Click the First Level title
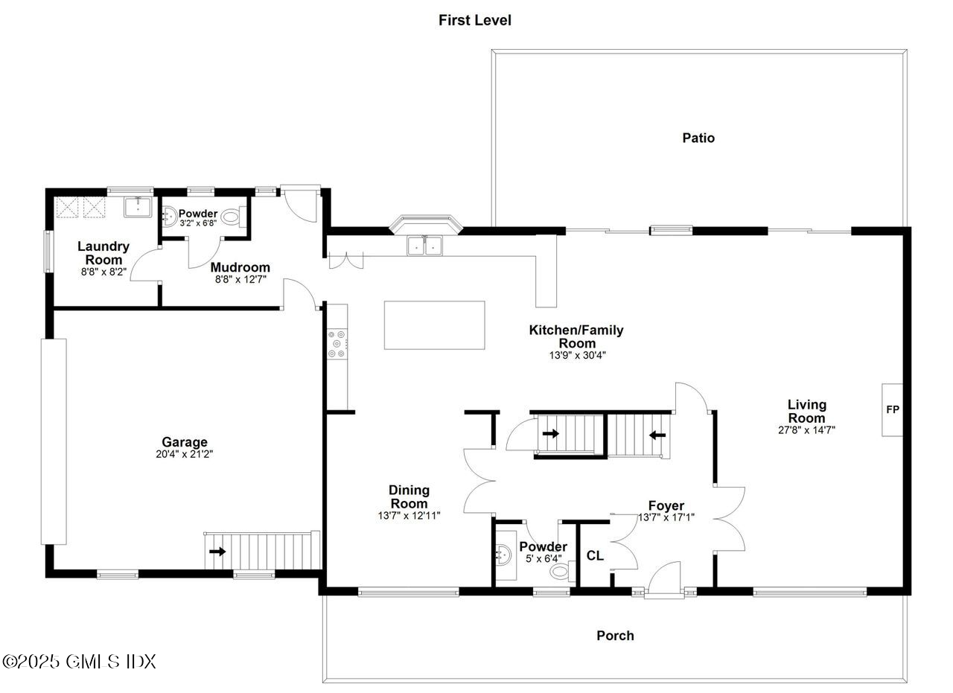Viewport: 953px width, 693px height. (474, 20)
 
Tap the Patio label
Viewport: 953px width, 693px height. (698, 138)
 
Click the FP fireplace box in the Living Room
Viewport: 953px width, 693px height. (892, 410)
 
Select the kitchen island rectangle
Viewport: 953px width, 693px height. (434, 325)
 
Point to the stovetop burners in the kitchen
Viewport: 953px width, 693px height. (337, 344)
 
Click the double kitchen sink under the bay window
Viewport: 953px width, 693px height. (424, 245)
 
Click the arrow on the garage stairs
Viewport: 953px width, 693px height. (218, 552)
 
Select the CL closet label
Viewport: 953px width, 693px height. (595, 555)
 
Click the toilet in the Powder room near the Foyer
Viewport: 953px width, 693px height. (561, 572)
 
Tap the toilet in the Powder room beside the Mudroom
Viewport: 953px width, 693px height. (232, 219)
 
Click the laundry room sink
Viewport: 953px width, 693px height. (138, 206)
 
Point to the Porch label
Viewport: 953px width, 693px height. (615, 636)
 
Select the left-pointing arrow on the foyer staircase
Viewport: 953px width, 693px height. (656, 435)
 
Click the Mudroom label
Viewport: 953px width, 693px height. (240, 267)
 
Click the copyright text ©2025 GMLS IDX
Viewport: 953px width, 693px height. (79, 661)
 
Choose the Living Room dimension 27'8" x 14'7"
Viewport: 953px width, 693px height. (807, 429)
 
